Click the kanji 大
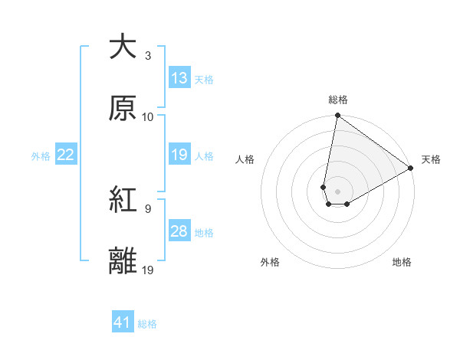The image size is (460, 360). pyautogui.click(x=123, y=47)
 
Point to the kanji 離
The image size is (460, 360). pyautogui.click(x=123, y=260)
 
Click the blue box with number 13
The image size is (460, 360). pyautogui.click(x=179, y=78)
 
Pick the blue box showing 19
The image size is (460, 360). pyautogui.click(x=179, y=155)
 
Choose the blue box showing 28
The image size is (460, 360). pyautogui.click(x=179, y=231)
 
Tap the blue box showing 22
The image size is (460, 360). pyautogui.click(x=66, y=155)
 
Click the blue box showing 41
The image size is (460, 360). pyautogui.click(x=123, y=323)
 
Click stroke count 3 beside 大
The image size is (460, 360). pyautogui.click(x=148, y=56)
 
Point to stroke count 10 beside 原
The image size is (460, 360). pyautogui.click(x=148, y=117)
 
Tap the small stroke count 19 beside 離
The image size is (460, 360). pyautogui.click(x=148, y=270)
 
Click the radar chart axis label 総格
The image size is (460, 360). pyautogui.click(x=338, y=100)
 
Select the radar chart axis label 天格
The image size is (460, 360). pyautogui.click(x=431, y=159)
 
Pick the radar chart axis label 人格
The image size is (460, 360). pyautogui.click(x=245, y=159)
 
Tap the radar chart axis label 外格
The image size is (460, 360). pyautogui.click(x=270, y=262)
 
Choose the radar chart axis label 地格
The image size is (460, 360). pyautogui.click(x=402, y=262)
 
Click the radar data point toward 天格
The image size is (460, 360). pyautogui.click(x=411, y=169)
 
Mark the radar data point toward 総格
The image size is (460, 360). pyautogui.click(x=337, y=116)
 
